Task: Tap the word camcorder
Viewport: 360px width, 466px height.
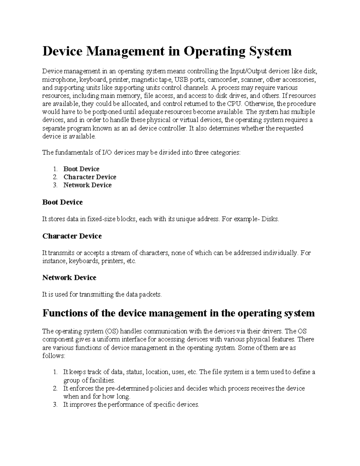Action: pos(223,80)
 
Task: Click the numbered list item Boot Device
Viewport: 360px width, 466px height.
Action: pos(81,169)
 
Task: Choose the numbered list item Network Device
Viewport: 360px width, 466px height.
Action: pos(87,185)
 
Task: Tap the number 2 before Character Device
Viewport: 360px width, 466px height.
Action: pos(55,177)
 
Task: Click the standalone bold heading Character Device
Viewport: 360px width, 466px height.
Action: pos(72,236)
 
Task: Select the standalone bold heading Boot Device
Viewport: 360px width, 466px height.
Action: pos(62,202)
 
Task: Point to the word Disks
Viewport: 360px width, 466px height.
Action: pos(270,219)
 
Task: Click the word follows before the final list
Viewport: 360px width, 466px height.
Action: pos(53,356)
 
